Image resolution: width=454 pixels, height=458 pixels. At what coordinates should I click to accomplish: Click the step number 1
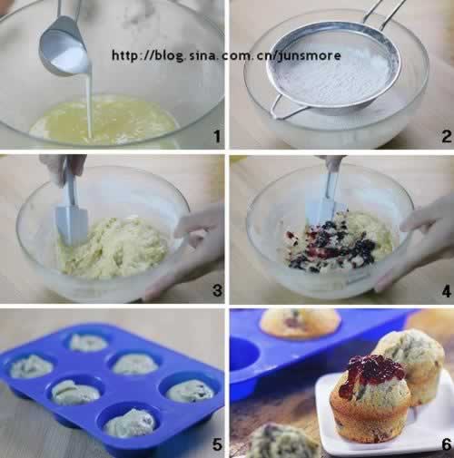tap(217, 136)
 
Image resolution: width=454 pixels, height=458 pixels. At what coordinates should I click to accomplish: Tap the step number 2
tap(446, 136)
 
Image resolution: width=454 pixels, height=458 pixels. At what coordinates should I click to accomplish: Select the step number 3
tap(217, 290)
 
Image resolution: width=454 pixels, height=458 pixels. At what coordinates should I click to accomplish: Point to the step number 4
tap(446, 292)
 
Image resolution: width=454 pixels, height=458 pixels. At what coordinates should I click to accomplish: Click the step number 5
tap(217, 444)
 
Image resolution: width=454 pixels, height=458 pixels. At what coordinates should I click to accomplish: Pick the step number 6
tap(447, 444)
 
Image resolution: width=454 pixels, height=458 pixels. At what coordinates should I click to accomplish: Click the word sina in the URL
tap(202, 55)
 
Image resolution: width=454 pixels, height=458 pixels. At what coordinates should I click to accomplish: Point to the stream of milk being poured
tap(90, 102)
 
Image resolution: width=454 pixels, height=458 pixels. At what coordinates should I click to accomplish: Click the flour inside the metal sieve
tap(333, 79)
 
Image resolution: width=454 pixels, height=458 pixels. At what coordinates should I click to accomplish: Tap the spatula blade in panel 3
tap(72, 224)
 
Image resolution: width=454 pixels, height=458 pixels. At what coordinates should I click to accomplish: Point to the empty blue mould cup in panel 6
tap(243, 354)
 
